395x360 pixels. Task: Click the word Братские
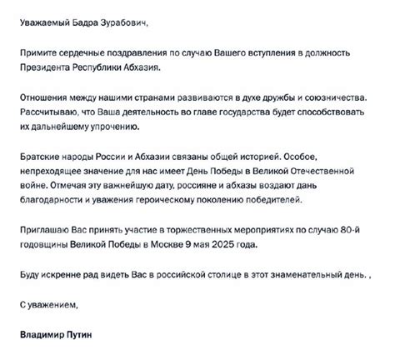[41, 156]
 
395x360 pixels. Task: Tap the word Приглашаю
[46, 228]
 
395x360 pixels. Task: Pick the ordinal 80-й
[358, 228]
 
